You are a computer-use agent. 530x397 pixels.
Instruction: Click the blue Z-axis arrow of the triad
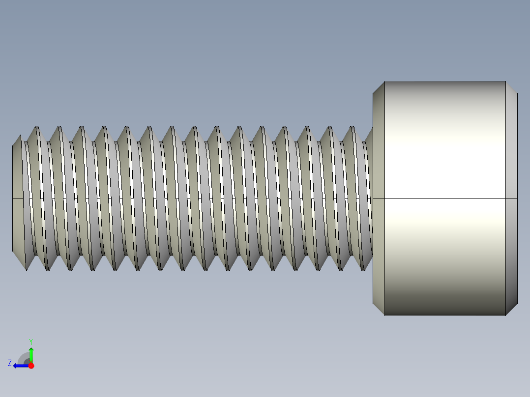[20, 366]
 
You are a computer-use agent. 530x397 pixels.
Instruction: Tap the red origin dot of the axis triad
[31, 366]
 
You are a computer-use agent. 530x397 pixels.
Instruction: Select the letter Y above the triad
[30, 341]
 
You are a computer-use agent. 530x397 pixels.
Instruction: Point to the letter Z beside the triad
[10, 363]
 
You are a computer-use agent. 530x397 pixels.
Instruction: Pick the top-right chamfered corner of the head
[512, 87]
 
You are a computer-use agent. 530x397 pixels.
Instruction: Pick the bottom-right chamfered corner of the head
[512, 310]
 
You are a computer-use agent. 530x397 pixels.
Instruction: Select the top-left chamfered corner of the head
[378, 87]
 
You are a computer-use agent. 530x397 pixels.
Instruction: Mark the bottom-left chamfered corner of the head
[378, 310]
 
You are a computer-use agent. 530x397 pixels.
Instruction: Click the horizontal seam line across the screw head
[445, 198]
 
